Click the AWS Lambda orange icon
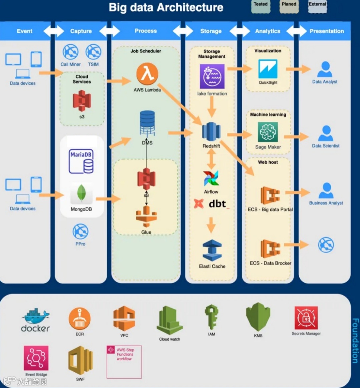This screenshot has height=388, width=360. coord(147,74)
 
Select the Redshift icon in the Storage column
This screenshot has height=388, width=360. coord(211,132)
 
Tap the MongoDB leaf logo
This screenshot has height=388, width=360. coord(81,194)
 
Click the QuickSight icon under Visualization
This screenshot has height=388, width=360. coord(268,69)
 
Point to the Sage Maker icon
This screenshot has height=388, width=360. coord(268,132)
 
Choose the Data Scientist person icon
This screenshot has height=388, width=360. coord(326,133)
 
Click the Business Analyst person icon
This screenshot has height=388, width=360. coord(326,191)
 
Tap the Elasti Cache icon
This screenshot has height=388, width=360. coord(212,250)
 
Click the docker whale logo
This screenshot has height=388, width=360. coord(35,320)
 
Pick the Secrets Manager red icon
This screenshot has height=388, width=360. coord(306,318)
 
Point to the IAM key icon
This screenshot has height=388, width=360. coord(211,317)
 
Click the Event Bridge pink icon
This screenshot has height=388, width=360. coord(36,358)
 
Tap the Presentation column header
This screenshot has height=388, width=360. coord(326,31)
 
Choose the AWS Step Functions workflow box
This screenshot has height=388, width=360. coord(124,362)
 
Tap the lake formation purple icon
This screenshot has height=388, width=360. coord(212,76)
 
